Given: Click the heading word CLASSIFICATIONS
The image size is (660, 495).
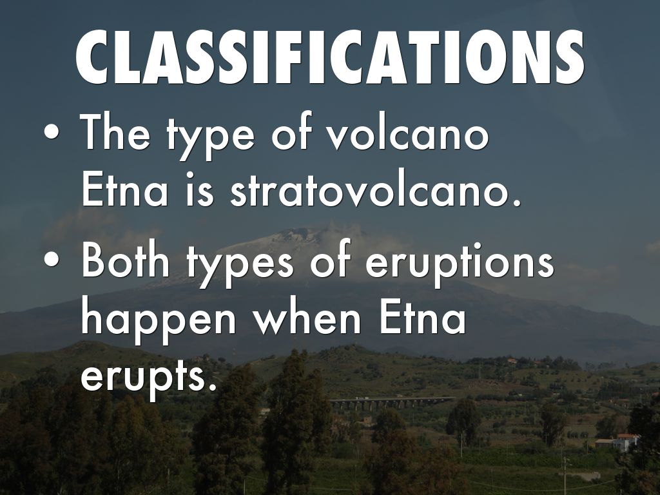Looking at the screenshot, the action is coord(330,57).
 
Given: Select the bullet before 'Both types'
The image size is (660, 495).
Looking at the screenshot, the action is coord(52,259).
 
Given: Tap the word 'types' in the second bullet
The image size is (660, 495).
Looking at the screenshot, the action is coord(240,264).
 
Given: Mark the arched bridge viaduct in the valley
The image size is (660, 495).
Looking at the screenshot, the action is coord(391,403).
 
